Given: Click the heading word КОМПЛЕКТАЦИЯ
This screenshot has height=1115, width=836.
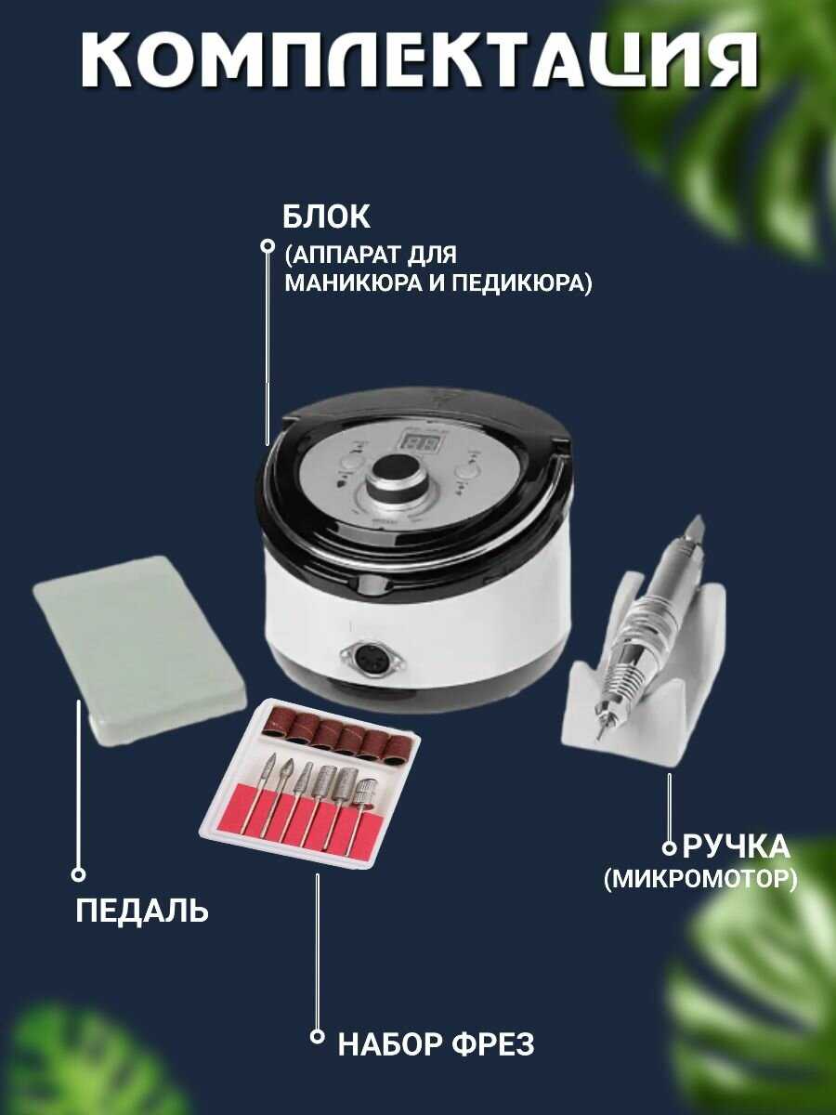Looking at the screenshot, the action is point(419,60).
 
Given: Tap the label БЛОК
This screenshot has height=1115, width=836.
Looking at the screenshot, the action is point(326,216).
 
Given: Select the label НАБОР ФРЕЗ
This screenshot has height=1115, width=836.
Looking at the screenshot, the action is point(436,1043).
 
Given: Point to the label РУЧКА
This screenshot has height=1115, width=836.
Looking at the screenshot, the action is point(736,846).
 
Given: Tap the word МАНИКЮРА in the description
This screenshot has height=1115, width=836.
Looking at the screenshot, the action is point(353,282).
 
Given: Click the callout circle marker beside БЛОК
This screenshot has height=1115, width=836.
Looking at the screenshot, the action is point(267,246).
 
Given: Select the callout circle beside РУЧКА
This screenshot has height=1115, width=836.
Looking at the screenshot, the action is point(670,847).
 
